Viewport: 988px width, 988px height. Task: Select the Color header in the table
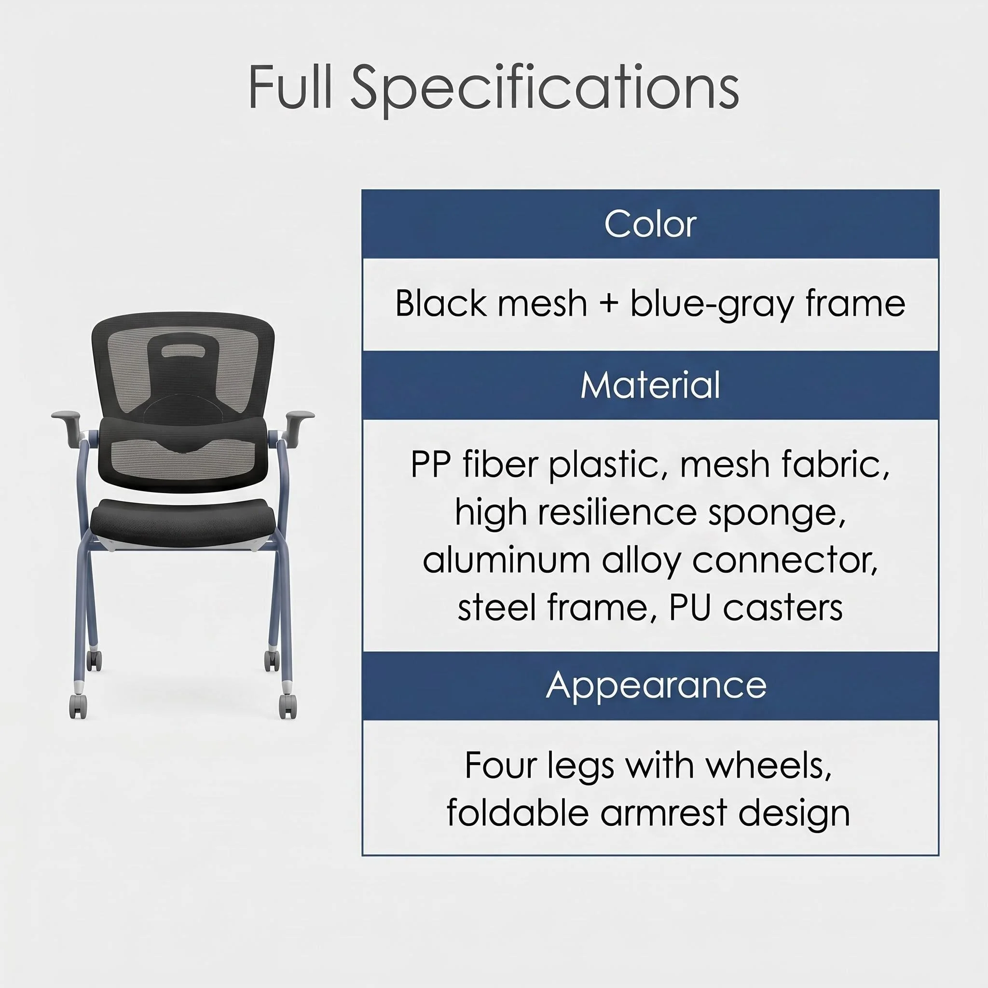[x=650, y=224]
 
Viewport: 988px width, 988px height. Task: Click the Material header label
[x=650, y=384]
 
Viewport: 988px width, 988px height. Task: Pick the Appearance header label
[x=656, y=685]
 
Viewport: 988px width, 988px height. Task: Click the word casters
[x=783, y=608]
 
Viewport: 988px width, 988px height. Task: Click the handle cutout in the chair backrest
[x=183, y=350]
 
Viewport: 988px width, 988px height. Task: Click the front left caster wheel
[x=78, y=706]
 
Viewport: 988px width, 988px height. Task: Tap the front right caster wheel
[x=288, y=706]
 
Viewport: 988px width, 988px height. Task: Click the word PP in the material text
[x=431, y=465]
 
